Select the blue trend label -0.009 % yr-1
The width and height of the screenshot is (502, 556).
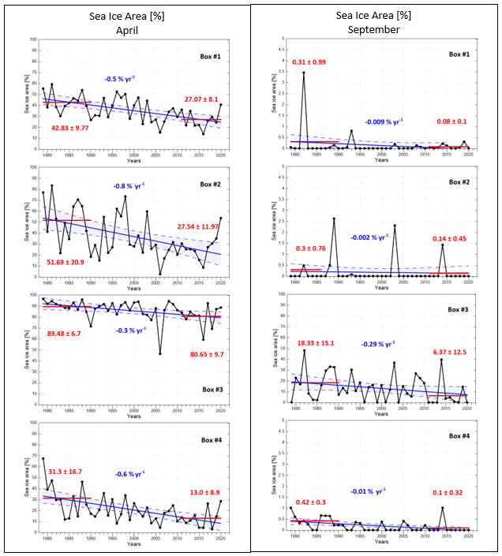pyautogui.click(x=387, y=122)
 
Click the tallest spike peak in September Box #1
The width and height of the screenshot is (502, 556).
pyautogui.click(x=304, y=73)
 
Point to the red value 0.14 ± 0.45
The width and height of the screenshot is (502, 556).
pyautogui.click(x=451, y=239)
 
